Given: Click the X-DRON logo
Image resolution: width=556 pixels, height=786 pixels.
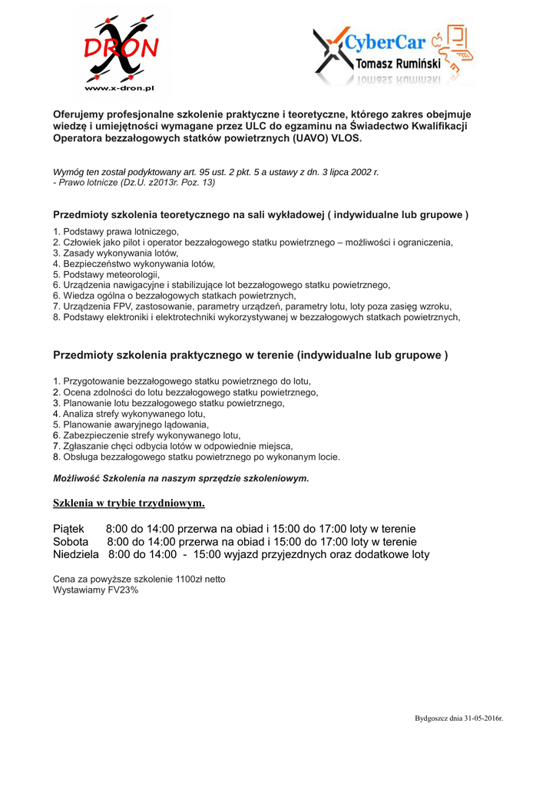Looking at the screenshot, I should pos(121,48).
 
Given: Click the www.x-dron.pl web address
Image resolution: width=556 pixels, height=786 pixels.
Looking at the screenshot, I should pos(120,88).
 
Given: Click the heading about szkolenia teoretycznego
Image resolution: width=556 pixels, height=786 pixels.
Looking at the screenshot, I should pos(260,214).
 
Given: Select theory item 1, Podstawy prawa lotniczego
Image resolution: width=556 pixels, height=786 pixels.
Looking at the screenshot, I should pos(116,231).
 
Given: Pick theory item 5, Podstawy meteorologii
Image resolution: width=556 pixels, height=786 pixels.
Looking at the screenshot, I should pos(106,274).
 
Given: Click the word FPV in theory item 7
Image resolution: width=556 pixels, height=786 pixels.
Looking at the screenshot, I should pos(121,306).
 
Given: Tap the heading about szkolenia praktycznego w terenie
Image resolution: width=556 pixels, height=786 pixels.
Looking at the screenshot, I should pos(250,355).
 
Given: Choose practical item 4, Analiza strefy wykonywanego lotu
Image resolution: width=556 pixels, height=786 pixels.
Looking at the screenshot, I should pos(129,414).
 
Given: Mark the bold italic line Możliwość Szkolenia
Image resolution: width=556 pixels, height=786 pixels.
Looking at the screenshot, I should pos(180,478).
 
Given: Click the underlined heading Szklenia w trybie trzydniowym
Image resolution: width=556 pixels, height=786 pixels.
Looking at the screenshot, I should pos(128,504).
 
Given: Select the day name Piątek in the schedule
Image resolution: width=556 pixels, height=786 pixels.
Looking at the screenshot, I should pos(68,529).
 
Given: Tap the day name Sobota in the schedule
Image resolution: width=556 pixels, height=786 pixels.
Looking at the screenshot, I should pos(71,542).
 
